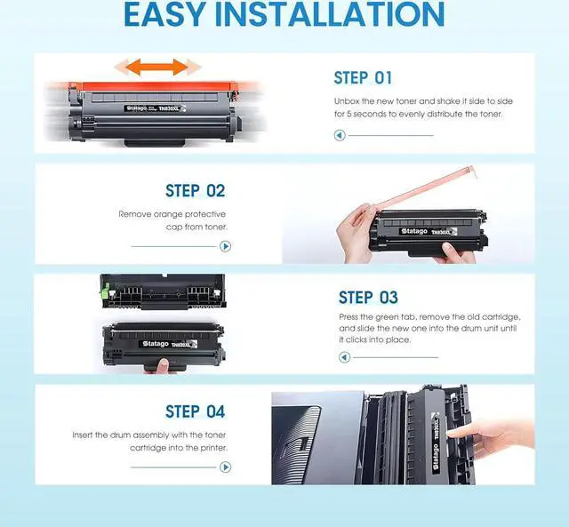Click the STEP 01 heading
[x=363, y=78]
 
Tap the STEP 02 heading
[x=196, y=191]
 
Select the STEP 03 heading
[x=368, y=298]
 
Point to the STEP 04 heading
[x=196, y=411]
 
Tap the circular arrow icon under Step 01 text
[x=340, y=135]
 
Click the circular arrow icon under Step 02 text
[x=225, y=246]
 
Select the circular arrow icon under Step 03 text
[x=344, y=357]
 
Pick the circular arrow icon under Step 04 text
[x=225, y=467]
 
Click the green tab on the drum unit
[x=106, y=290]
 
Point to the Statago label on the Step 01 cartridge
[x=136, y=108]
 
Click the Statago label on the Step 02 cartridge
[x=413, y=231]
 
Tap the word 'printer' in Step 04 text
[x=213, y=448]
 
